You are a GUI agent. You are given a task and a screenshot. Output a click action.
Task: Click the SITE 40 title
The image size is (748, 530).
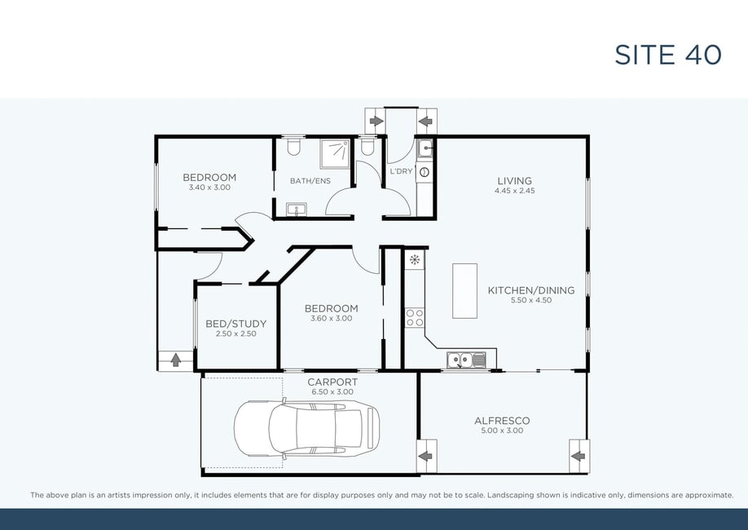tap(668, 55)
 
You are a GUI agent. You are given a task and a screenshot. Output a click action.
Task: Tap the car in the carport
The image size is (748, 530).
tap(306, 428)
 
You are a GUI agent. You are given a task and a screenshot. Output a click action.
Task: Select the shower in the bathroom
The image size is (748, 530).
tap(335, 154)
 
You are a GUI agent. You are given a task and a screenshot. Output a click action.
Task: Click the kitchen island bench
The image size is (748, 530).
tap(464, 291)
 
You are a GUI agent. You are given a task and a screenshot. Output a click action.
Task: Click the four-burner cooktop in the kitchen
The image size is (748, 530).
tap(415, 317)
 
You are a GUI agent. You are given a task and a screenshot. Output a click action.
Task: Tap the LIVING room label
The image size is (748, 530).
tap(514, 181)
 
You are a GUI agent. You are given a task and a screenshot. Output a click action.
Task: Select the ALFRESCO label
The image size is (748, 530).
tap(502, 421)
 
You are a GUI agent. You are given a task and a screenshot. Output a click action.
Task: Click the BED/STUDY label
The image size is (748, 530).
tap(235, 324)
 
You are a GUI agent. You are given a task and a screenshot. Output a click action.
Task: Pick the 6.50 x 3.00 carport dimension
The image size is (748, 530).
tap(332, 392)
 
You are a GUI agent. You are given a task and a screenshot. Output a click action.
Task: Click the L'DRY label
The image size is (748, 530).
tap(401, 171)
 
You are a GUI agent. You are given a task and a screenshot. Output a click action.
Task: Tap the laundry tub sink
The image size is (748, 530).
tap(425, 148)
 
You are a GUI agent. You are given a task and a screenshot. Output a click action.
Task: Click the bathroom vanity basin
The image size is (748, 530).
tap(297, 209)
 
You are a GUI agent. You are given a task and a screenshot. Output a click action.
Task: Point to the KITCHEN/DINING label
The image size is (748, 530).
tap(531, 290)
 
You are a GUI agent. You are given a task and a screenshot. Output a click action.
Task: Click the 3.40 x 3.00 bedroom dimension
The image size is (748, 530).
tap(209, 188)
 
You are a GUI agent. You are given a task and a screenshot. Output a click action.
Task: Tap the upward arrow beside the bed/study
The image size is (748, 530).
tap(175, 360)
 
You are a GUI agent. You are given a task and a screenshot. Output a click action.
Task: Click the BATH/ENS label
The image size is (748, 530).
tap(310, 181)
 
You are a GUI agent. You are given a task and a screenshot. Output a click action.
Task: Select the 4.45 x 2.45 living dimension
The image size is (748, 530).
tap(514, 191)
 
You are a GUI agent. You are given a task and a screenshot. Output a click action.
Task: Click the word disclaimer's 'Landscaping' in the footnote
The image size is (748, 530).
tap(510, 495)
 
